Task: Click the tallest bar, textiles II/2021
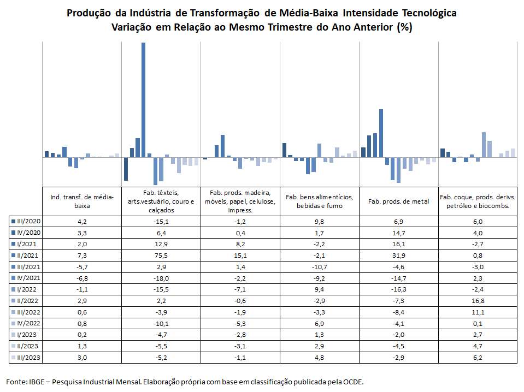143,100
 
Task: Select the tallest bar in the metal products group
381,133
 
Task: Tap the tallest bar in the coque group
484,145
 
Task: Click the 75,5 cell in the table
161,256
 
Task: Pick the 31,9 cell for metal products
399,256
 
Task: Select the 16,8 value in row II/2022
478,301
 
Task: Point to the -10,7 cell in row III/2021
320,267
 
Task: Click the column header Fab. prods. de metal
399,201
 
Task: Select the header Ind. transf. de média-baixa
82,201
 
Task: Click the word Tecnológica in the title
429,13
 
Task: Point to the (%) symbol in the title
404,27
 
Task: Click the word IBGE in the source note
37,382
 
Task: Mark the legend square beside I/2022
13,289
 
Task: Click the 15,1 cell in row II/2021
240,256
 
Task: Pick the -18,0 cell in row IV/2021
161,278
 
